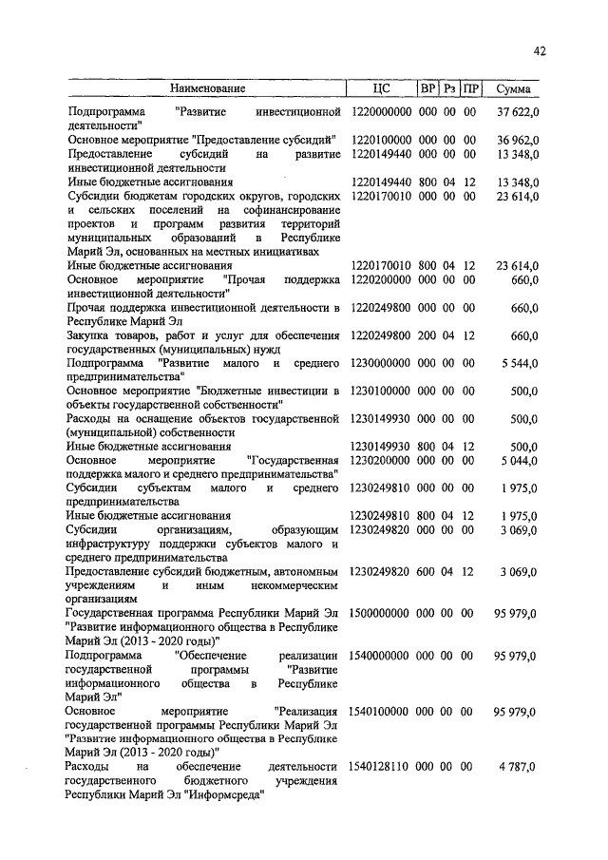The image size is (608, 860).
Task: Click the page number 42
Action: (x=540, y=51)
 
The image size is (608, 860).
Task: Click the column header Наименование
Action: (x=208, y=89)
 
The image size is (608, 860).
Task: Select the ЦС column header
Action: (x=379, y=89)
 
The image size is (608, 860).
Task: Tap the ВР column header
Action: (x=427, y=89)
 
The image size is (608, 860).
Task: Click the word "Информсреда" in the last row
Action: (x=223, y=794)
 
